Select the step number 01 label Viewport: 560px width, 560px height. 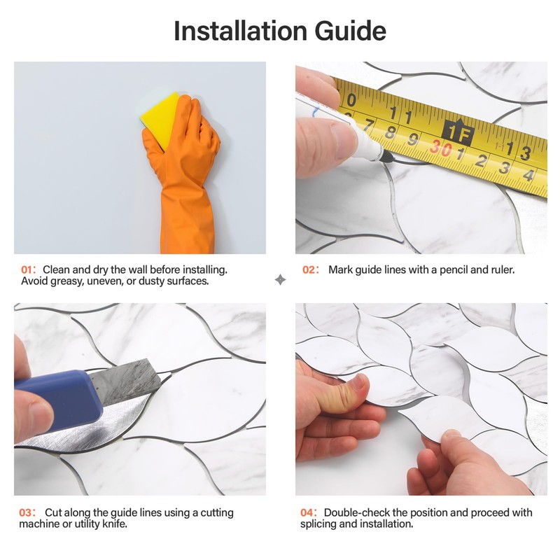(x=27, y=269)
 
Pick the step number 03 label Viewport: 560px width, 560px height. (x=27, y=513)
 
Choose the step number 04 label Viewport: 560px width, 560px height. (x=309, y=513)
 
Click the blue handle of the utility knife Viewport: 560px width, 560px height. (x=59, y=399)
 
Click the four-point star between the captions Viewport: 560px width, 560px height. (x=280, y=280)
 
